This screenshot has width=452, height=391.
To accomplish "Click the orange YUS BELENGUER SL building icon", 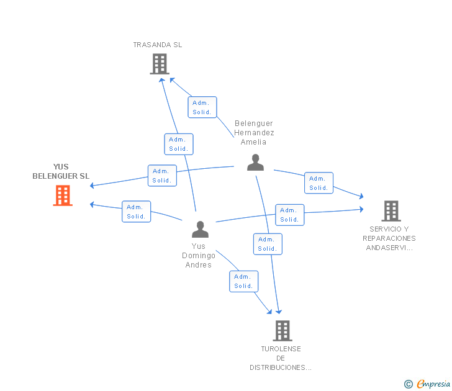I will pyautogui.click(x=63, y=195).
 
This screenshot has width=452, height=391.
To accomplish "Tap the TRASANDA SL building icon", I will pyautogui.click(x=160, y=63).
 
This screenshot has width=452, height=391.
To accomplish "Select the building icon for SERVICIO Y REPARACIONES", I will pyautogui.click(x=391, y=211).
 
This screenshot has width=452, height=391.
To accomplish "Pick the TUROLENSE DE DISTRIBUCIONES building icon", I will pyautogui.click(x=282, y=330).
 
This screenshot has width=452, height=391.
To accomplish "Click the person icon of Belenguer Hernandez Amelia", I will pyautogui.click(x=255, y=162).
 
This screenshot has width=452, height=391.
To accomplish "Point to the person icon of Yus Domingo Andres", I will pyautogui.click(x=200, y=229).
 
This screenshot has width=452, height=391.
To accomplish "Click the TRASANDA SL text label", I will pyautogui.click(x=158, y=45).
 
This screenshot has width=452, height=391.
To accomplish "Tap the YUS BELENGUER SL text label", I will pyautogui.click(x=61, y=171).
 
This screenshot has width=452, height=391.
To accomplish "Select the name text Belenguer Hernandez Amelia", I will pyautogui.click(x=254, y=133).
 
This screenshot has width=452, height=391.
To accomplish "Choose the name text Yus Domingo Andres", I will pyautogui.click(x=199, y=256).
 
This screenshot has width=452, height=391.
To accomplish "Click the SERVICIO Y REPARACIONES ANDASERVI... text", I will pyautogui.click(x=389, y=238).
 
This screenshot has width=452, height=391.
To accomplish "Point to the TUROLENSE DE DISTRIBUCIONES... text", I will pyautogui.click(x=281, y=358).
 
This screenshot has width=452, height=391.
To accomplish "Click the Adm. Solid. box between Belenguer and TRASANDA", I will pyautogui.click(x=202, y=107).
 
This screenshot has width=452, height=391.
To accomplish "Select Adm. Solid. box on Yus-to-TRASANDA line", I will pyautogui.click(x=179, y=144).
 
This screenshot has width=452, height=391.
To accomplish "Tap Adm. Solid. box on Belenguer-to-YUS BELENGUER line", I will pyautogui.click(x=162, y=176).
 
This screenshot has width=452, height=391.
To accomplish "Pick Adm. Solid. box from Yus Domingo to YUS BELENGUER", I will pyautogui.click(x=137, y=212).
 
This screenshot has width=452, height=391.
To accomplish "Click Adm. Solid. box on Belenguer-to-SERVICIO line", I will pyautogui.click(x=319, y=183).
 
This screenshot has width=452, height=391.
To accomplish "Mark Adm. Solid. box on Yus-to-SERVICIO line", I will pyautogui.click(x=290, y=215).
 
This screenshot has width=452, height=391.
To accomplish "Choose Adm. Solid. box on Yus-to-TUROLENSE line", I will pyautogui.click(x=244, y=281).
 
